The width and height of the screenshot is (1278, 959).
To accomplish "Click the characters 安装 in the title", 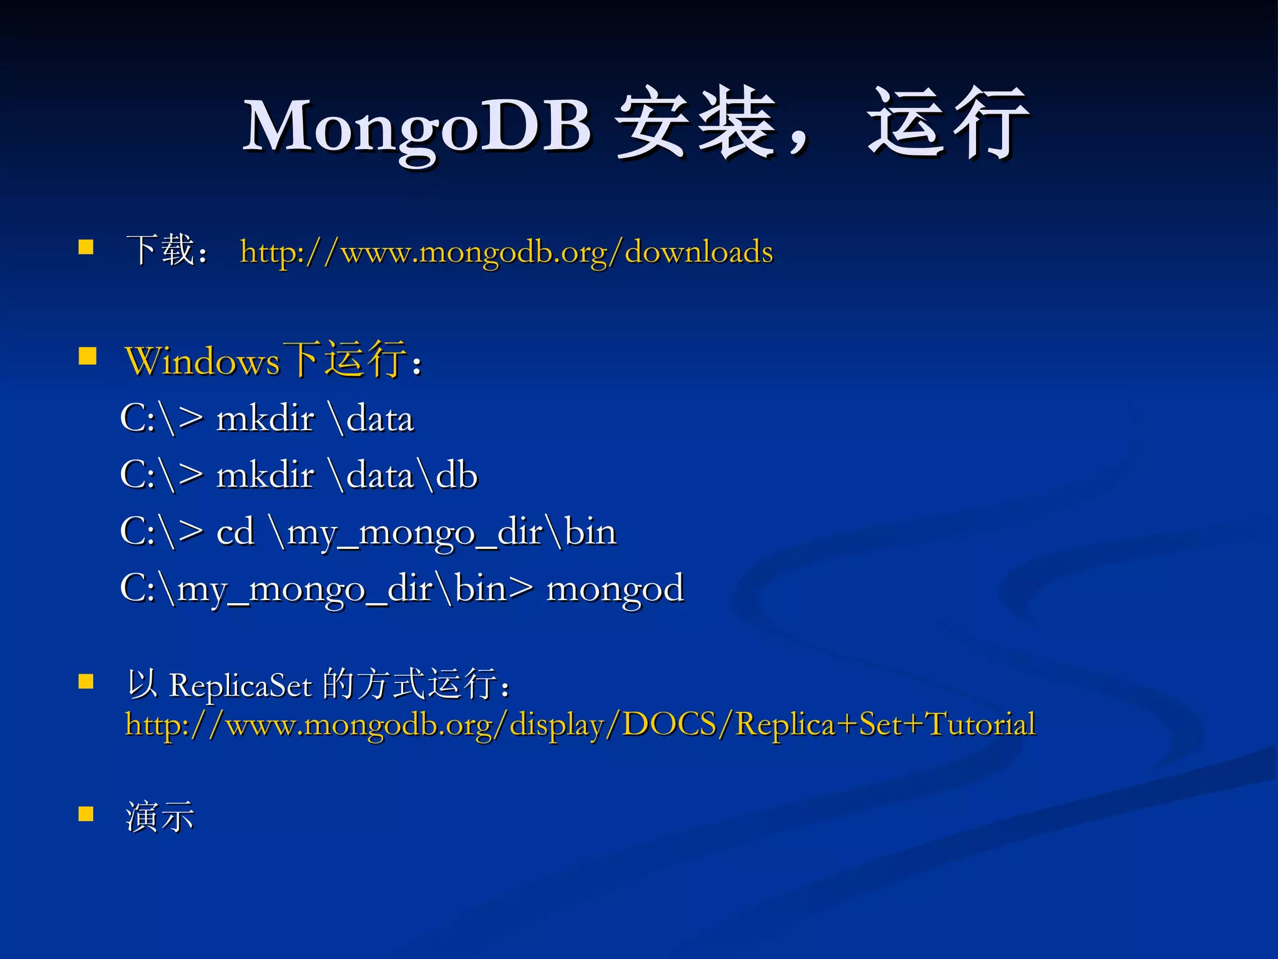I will (696, 123).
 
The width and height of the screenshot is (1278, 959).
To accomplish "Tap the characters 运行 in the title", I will (947, 123).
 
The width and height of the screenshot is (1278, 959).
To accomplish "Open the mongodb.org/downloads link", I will (506, 252).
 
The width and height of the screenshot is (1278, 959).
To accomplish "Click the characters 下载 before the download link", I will (161, 250).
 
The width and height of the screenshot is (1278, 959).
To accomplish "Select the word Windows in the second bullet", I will (202, 361).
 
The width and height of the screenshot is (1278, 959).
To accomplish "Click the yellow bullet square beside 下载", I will (86, 247).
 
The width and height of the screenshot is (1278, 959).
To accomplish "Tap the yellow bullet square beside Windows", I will (87, 357).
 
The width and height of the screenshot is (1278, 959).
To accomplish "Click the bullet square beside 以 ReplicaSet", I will (86, 681).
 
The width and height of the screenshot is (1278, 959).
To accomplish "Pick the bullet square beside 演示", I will (86, 814).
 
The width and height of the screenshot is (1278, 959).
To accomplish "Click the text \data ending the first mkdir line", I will (373, 418).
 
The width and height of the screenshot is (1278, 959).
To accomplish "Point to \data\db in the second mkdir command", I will (405, 475).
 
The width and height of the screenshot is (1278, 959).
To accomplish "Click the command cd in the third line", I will (235, 532).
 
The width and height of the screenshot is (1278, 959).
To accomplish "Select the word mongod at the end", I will (615, 589).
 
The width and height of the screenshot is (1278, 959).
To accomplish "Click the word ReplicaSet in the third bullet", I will (240, 686).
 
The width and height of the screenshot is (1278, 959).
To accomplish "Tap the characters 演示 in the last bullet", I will (160, 817).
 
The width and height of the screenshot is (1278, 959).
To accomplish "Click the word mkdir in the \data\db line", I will (265, 475).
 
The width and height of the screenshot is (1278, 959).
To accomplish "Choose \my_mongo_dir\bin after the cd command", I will (444, 533).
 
